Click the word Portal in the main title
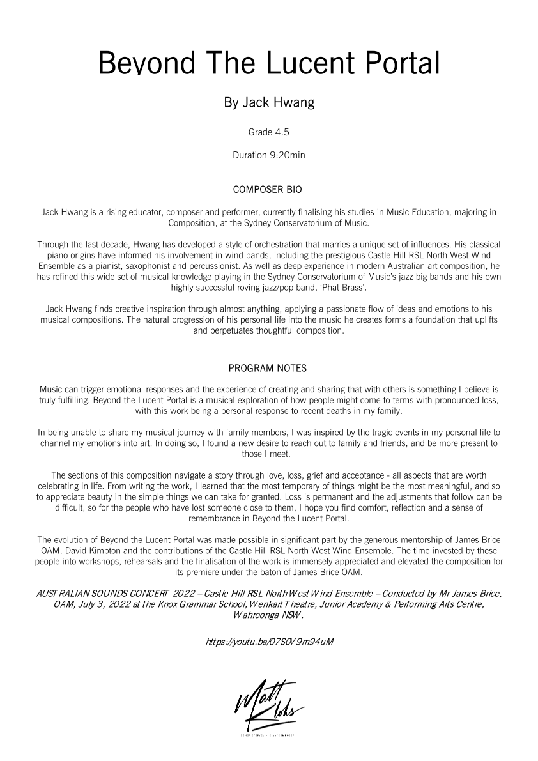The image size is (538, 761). (399, 65)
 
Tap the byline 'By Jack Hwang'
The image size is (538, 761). (269, 102)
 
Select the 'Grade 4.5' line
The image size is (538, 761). (269, 133)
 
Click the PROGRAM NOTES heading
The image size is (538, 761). (268, 368)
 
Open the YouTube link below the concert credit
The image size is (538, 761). (269, 640)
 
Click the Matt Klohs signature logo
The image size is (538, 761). (269, 705)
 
